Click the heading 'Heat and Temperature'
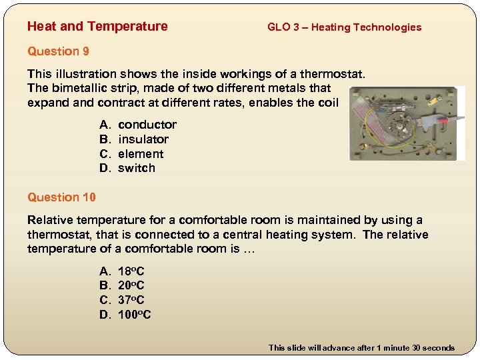97,27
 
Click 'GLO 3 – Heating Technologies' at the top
344,27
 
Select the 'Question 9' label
58,51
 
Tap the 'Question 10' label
61,197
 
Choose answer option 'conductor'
147,125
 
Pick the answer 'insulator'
143,139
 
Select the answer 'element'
141,154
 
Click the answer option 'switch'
136,168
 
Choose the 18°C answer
131,271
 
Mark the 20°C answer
131,286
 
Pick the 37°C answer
131,300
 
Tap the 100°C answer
134,315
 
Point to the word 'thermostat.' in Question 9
335,74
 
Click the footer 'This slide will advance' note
361,347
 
